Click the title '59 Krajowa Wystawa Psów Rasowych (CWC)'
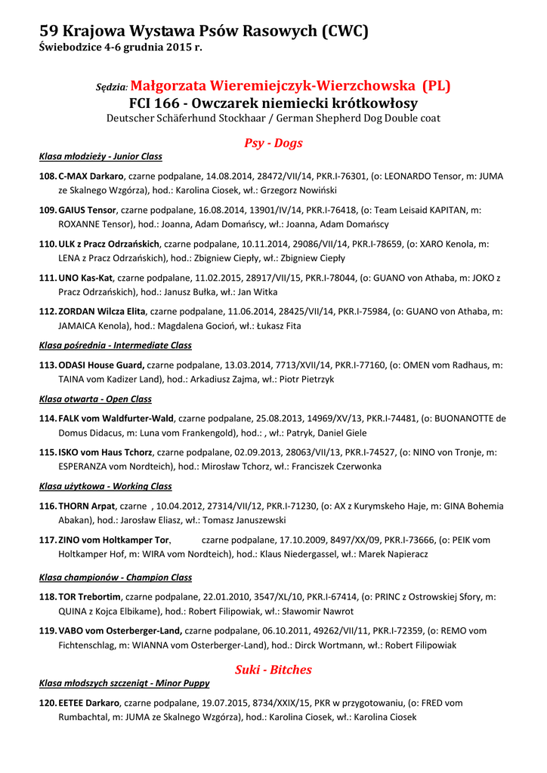[x=204, y=31]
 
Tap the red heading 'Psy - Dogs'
[x=273, y=143]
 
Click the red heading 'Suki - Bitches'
[x=273, y=670]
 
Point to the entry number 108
[x=48, y=176]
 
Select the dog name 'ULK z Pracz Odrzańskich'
[x=109, y=244]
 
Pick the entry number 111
[x=48, y=278]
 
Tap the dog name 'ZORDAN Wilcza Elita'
[x=102, y=310]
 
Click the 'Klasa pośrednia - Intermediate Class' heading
[x=115, y=345]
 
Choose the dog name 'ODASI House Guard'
[x=101, y=365]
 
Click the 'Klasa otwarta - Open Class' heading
[x=95, y=399]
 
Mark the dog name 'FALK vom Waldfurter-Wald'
[x=116, y=418]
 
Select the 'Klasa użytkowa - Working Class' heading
[x=105, y=486]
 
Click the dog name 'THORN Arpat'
[x=87, y=506]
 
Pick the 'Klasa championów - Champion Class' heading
[x=115, y=577]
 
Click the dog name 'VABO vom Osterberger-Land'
[x=120, y=630]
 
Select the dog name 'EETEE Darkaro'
[x=89, y=703]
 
